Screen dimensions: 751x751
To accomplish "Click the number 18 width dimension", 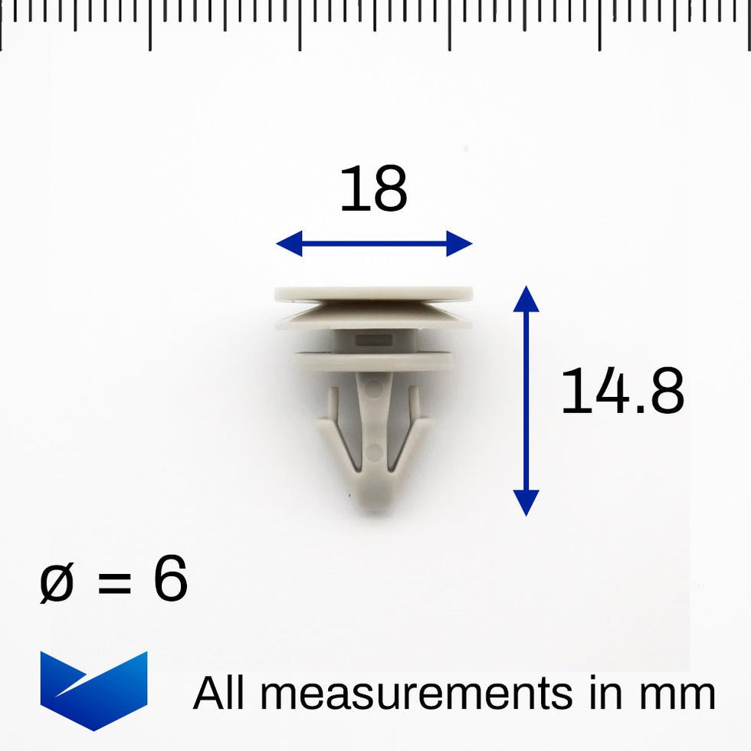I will (x=373, y=191).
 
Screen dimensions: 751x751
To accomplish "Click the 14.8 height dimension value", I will (x=621, y=392).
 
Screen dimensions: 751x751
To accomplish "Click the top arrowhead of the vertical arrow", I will (x=526, y=297).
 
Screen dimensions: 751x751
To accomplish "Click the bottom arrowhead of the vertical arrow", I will (x=526, y=503).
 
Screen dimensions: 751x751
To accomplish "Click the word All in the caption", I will (x=218, y=694).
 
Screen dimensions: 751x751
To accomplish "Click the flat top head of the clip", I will (x=373, y=294).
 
